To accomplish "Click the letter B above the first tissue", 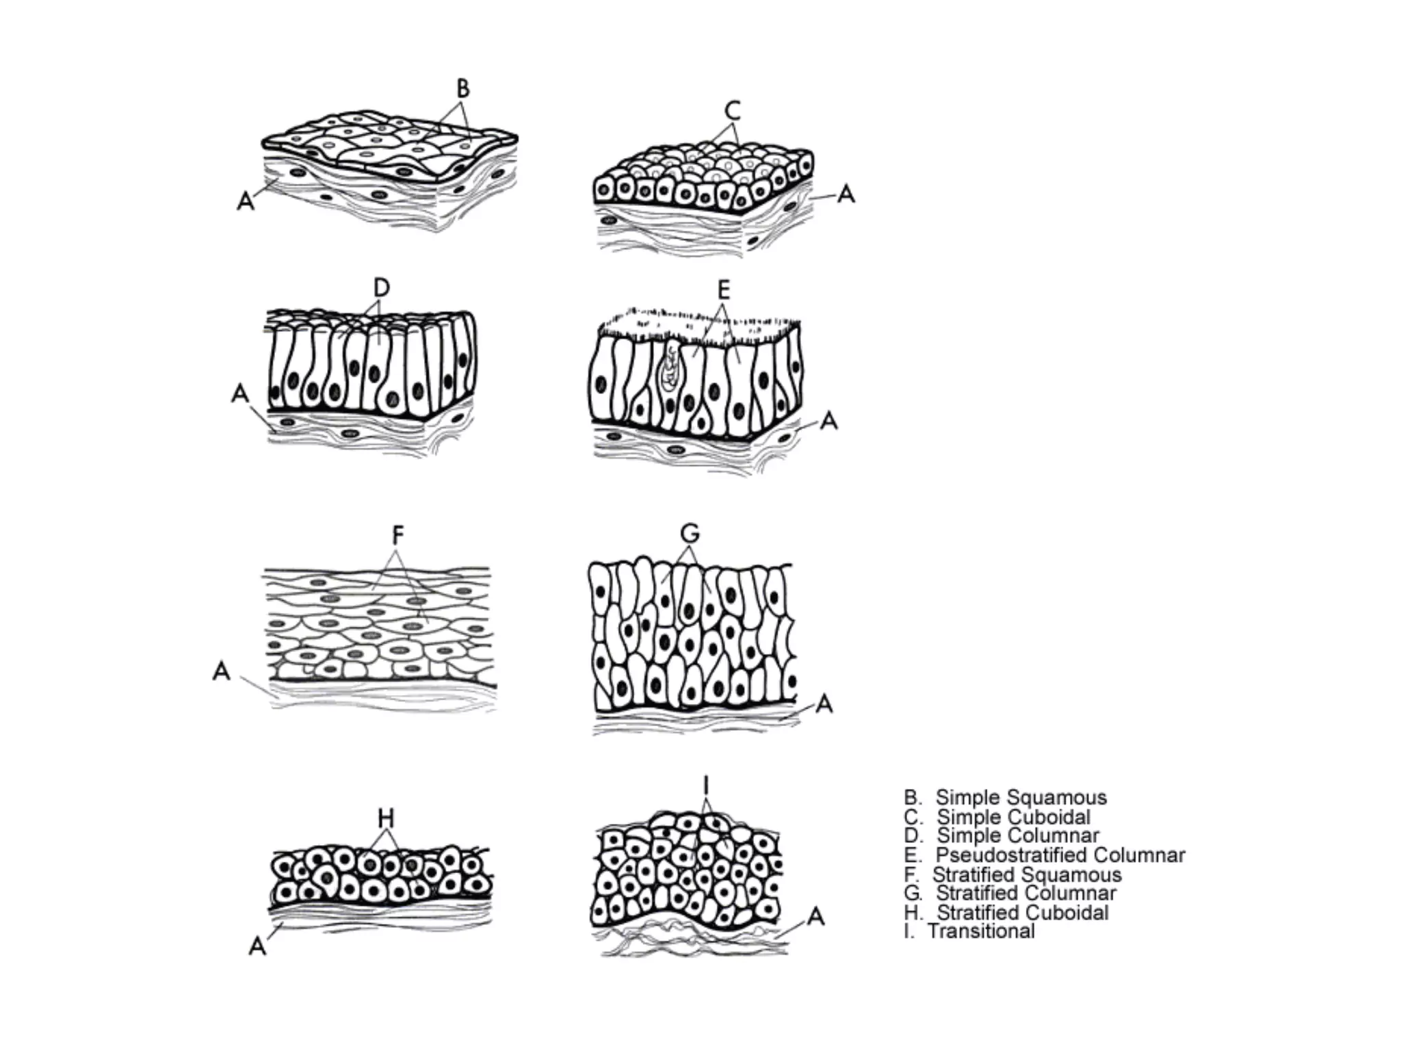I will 463,89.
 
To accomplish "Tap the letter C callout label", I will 733,109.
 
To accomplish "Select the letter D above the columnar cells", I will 381,288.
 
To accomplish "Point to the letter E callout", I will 723,291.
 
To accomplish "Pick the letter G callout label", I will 690,532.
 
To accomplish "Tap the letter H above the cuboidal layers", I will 387,818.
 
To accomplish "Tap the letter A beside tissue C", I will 846,195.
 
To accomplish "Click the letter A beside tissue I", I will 815,917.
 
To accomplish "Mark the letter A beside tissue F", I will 222,671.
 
